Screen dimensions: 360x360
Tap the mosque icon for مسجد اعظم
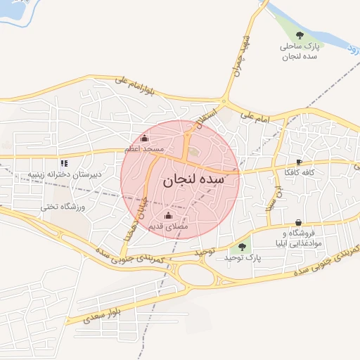[x=145, y=139]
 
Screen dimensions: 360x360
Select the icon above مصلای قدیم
[x=167, y=215]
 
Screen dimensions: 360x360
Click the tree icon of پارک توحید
[x=243, y=247]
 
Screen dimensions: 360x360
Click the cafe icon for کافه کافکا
[x=300, y=161]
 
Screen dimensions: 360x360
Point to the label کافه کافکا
[x=299, y=172]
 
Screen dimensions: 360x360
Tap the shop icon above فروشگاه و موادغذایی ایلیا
[x=300, y=222]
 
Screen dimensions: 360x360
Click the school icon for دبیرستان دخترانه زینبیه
[x=65, y=162]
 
